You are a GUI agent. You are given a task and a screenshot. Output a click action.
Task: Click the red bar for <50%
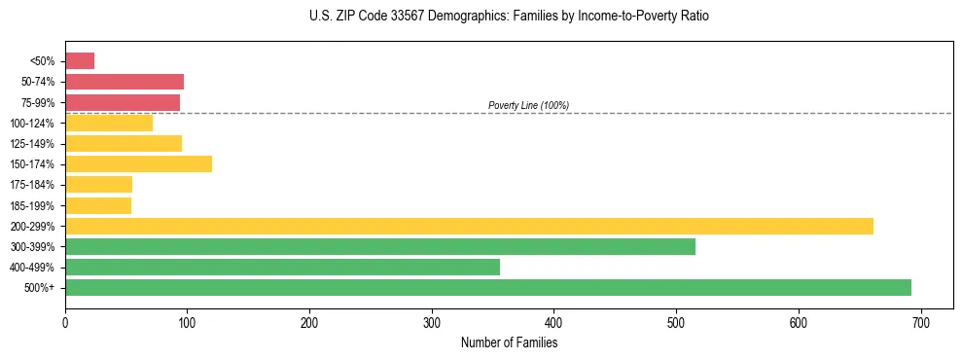click(80, 61)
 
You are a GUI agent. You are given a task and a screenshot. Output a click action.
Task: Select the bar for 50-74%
click(125, 82)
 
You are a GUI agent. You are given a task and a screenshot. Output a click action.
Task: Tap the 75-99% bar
click(123, 102)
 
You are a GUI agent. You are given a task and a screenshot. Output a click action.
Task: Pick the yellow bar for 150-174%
click(138, 163)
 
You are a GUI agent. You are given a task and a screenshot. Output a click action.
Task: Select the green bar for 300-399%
click(380, 246)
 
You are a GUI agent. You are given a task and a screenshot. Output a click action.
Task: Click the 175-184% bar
click(98, 184)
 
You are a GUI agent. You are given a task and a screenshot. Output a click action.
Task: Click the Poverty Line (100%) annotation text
click(528, 105)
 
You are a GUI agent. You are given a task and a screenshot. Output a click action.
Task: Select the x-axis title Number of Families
click(509, 342)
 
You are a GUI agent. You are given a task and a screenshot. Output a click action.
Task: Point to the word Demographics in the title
click(465, 17)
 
